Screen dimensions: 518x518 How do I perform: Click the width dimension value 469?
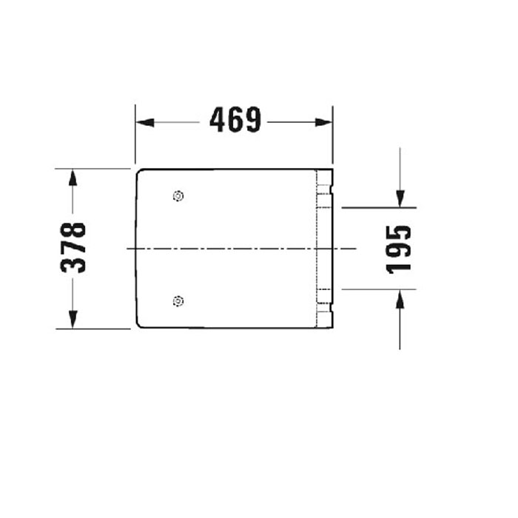click(235, 120)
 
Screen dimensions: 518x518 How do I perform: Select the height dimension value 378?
click(74, 248)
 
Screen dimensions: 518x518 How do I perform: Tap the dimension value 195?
click(399, 249)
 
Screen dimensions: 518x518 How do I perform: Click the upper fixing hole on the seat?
click(178, 196)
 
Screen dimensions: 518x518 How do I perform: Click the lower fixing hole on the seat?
click(178, 300)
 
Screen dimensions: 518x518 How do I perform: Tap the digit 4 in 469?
click(218, 120)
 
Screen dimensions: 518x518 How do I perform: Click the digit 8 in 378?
click(74, 230)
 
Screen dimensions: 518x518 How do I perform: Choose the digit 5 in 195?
click(399, 232)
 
